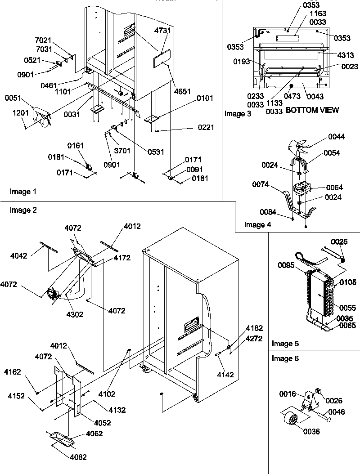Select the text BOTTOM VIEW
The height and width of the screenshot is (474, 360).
[x=312, y=110]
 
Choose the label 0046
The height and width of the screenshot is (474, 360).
[x=337, y=411]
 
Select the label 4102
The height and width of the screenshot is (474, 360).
[x=107, y=394]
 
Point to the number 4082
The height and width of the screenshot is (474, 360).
[x=78, y=457]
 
